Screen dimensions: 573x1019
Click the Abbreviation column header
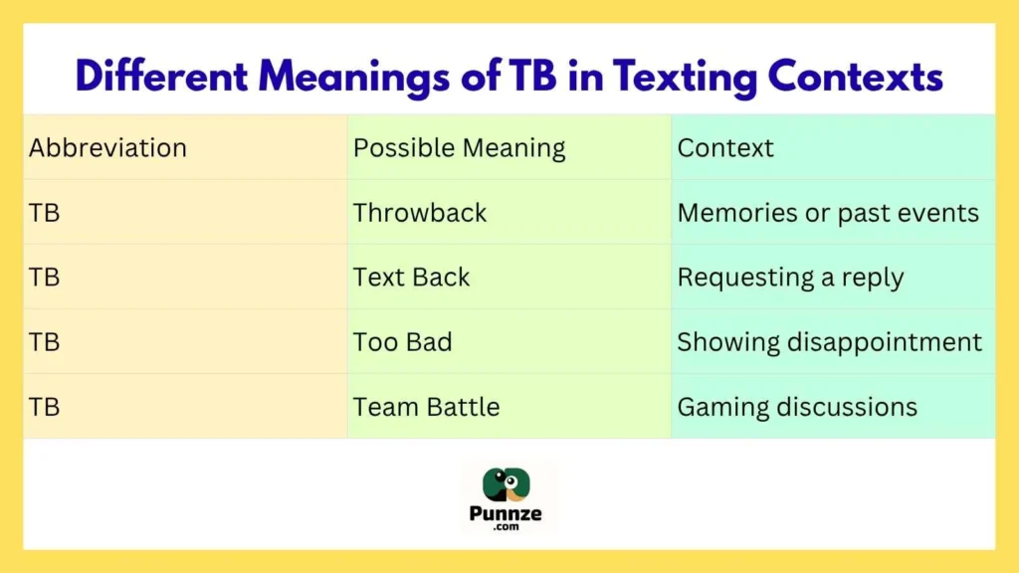(x=107, y=148)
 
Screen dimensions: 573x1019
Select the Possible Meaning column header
(x=459, y=148)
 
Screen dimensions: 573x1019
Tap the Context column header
(x=725, y=148)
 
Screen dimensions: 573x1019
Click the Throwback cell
(x=420, y=213)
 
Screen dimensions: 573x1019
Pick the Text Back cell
(x=411, y=278)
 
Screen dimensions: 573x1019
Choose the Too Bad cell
(x=402, y=342)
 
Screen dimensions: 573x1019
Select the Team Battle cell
(x=426, y=407)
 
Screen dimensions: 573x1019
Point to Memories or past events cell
(x=828, y=213)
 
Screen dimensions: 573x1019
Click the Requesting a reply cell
(x=790, y=278)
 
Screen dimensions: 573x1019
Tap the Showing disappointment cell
(x=829, y=342)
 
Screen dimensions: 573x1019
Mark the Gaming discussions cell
(x=797, y=407)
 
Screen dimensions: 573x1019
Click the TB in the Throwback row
(x=45, y=213)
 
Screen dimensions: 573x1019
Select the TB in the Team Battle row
(x=45, y=407)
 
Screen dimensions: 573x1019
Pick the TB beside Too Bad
(x=45, y=342)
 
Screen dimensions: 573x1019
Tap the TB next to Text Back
(x=45, y=278)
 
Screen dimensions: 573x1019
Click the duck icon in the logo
(x=508, y=485)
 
